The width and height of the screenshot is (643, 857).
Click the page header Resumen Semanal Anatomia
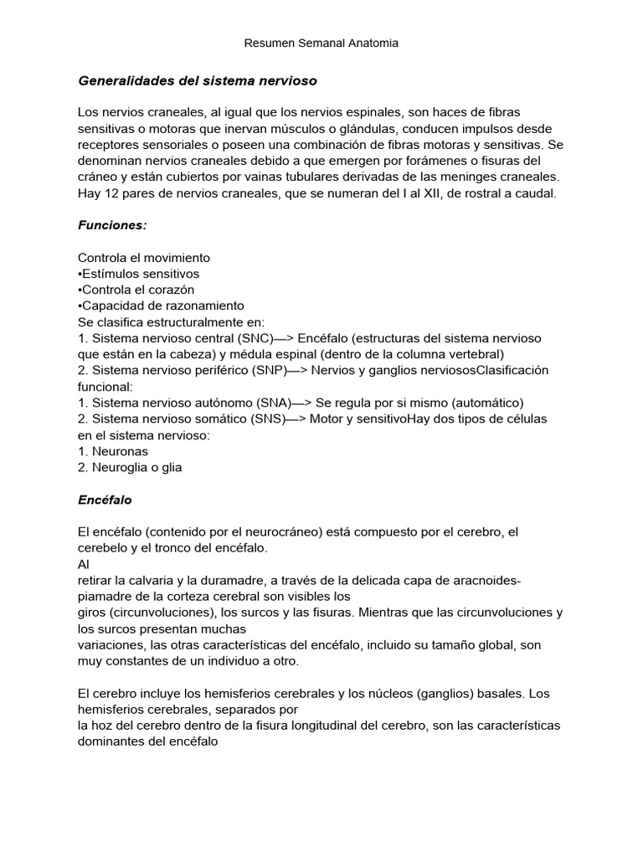pos(321,43)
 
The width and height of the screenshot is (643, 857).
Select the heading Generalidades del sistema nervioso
pos(198,81)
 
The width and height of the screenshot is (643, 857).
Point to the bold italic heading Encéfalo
pos(105,500)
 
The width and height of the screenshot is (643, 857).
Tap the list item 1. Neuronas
pos(113,450)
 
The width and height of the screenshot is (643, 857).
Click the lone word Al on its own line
pos(84,564)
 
